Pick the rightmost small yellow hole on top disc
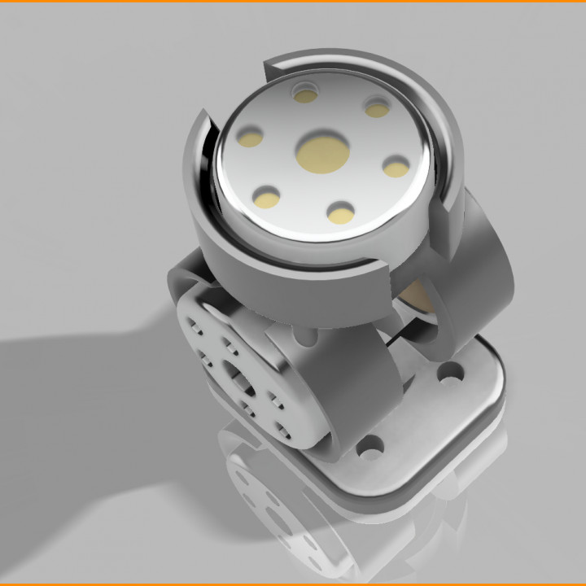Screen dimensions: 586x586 click(396, 168)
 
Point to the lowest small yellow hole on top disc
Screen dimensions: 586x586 click(340, 213)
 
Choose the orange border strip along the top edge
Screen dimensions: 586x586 click(293, 2)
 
